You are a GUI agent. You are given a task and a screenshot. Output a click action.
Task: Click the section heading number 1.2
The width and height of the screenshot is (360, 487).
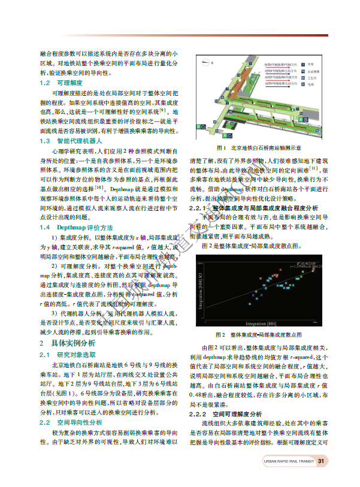(x=44, y=83)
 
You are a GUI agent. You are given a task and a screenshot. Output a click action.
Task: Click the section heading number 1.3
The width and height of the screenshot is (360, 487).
(x=44, y=141)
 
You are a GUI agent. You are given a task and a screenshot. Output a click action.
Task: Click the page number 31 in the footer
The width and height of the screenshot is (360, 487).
(x=320, y=461)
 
